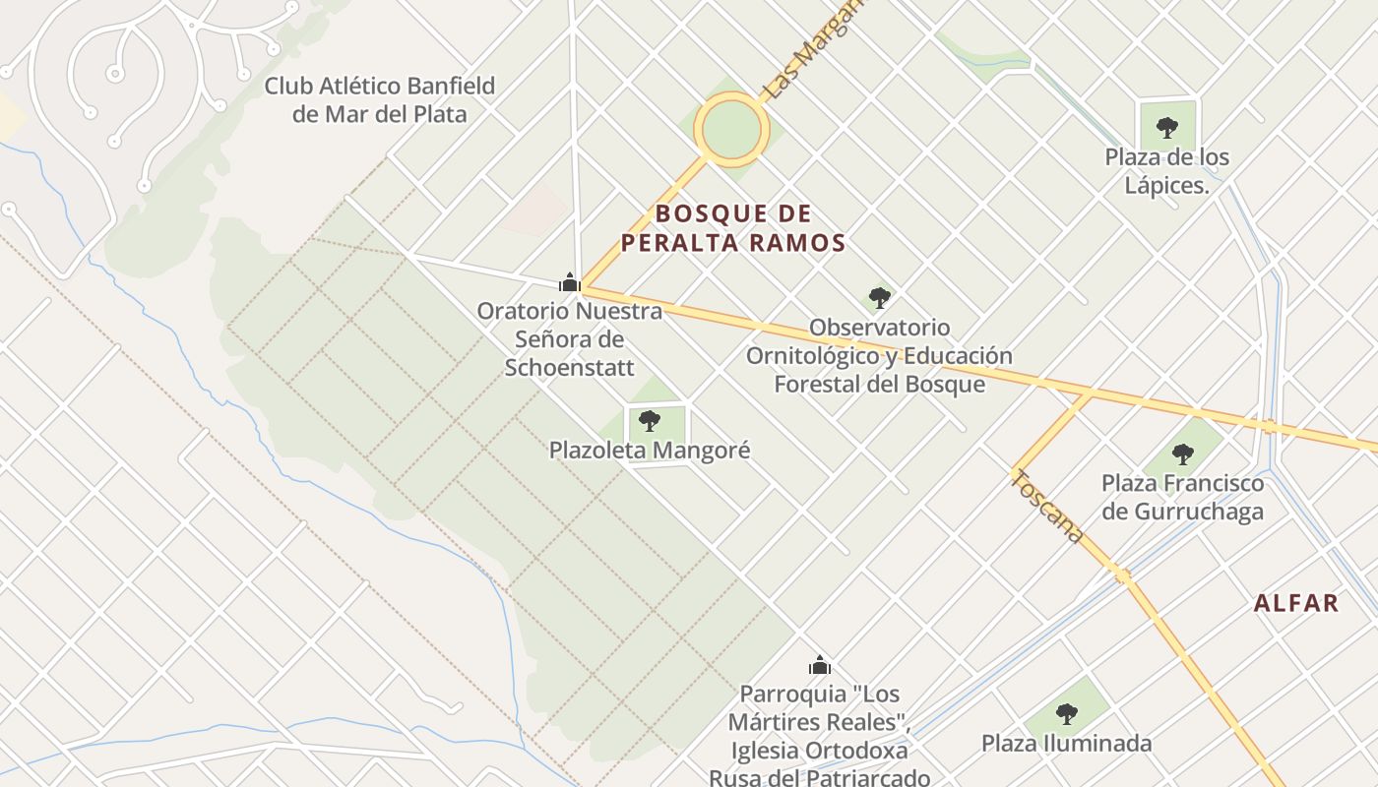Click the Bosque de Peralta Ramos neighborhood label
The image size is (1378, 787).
click(733, 228)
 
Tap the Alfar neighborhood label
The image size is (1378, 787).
click(1296, 603)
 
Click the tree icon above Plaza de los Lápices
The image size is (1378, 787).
click(1166, 127)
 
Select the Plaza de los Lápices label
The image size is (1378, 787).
click(1166, 170)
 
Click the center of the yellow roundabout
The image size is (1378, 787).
click(731, 129)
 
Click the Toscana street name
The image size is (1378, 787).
click(1048, 507)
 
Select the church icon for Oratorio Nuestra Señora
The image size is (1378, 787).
click(569, 283)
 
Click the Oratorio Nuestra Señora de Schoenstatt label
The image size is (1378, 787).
click(569, 339)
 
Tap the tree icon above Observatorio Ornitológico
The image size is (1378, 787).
click(880, 297)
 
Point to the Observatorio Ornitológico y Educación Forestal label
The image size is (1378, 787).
click(879, 355)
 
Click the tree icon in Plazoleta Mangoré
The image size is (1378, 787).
click(649, 421)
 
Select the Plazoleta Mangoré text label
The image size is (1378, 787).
click(649, 451)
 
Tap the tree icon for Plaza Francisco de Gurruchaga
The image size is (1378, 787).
click(1182, 454)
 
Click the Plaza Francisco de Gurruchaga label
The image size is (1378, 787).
click(1182, 497)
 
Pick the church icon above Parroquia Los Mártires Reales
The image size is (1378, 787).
click(820, 665)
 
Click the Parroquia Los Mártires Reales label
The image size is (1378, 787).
click(819, 735)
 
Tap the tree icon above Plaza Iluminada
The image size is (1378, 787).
click(1066, 713)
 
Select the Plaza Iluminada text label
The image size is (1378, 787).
click(1066, 743)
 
